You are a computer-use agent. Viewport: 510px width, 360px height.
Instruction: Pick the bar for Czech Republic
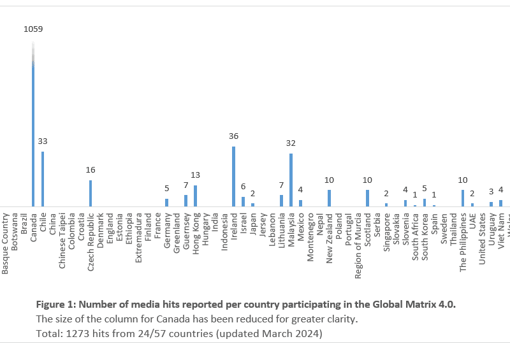[91, 193]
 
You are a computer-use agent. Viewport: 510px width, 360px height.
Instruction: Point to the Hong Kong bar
[196, 196]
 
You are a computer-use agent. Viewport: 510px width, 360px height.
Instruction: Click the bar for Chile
[43, 179]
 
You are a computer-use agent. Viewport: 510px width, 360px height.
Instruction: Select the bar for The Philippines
[463, 198]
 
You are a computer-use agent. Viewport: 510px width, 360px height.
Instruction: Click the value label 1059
[33, 29]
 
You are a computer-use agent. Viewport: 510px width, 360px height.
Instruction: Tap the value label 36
[234, 136]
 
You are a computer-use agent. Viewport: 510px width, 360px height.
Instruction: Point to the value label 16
[91, 169]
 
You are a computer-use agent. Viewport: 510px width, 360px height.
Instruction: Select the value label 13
[196, 175]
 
